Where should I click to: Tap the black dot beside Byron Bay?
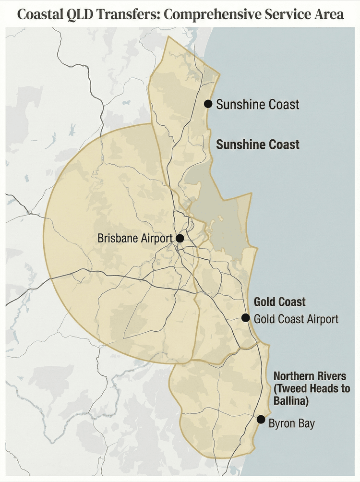(x=261, y=419)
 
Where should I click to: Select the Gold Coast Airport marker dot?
(x=245, y=317)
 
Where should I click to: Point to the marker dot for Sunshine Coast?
(x=208, y=104)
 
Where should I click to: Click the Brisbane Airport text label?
(x=135, y=238)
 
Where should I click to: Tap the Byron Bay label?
(x=292, y=424)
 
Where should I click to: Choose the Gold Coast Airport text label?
(x=296, y=319)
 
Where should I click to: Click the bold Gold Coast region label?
(x=279, y=302)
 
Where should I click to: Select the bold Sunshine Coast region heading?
(x=258, y=145)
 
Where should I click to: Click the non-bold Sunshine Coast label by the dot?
(x=258, y=104)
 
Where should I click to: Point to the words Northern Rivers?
(x=310, y=376)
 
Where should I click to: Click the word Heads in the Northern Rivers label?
(x=322, y=388)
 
